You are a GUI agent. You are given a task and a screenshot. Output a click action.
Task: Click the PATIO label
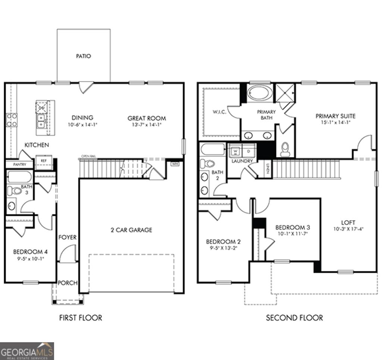(84, 56)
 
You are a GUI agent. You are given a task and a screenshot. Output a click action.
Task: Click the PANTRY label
(19, 164)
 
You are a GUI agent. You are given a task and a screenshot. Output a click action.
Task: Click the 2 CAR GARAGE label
(131, 230)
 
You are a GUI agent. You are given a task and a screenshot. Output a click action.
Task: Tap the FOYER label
(67, 237)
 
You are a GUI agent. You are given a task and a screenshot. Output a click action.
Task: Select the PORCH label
(68, 283)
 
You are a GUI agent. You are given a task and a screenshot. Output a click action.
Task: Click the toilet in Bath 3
(14, 191)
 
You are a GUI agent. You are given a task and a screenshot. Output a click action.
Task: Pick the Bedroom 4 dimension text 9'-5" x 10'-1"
(30, 259)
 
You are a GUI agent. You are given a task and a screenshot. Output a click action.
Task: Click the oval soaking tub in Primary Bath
(260, 93)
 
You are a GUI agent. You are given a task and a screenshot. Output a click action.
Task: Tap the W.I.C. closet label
(219, 112)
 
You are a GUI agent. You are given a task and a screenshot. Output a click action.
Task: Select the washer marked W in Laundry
(236, 151)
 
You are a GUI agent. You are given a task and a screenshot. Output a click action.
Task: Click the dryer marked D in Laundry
(249, 151)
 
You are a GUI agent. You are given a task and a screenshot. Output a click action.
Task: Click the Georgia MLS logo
(27, 351)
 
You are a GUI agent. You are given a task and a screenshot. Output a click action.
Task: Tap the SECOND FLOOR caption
(294, 318)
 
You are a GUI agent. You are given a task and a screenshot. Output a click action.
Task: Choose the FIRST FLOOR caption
(81, 318)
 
